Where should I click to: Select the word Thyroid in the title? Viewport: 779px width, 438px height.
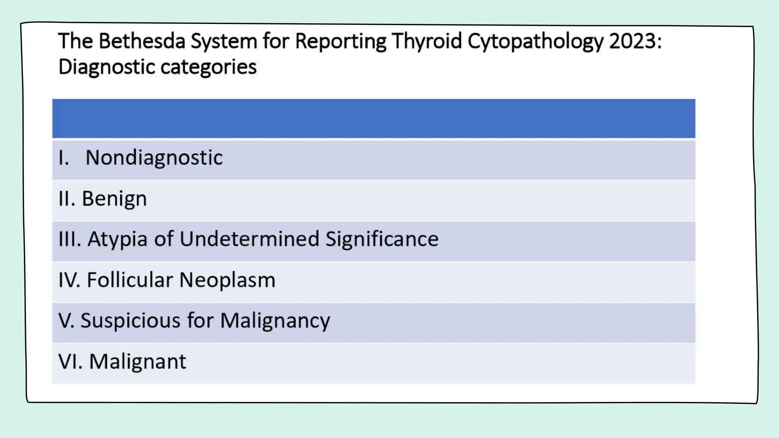tap(426, 41)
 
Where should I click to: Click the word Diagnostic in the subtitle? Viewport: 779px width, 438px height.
tap(106, 67)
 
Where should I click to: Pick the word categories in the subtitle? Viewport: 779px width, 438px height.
tap(208, 67)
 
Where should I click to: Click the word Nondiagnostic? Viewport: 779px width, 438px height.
tap(154, 158)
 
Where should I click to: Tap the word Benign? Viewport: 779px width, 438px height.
tap(114, 199)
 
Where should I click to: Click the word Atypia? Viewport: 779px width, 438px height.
tap(117, 239)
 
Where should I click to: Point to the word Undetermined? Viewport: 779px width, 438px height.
tap(249, 239)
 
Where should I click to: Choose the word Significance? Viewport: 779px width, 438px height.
tap(382, 239)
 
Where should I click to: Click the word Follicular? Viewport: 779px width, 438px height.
tap(130, 280)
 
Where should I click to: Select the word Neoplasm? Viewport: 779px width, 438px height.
tap(227, 280)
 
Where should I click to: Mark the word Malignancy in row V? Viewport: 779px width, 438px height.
tap(275, 321)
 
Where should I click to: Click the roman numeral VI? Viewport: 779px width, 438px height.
tap(70, 361)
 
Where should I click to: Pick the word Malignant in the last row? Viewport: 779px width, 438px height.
tap(137, 362)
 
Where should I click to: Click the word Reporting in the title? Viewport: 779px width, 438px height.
tap(340, 41)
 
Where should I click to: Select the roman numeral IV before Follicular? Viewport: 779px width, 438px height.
tap(69, 280)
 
